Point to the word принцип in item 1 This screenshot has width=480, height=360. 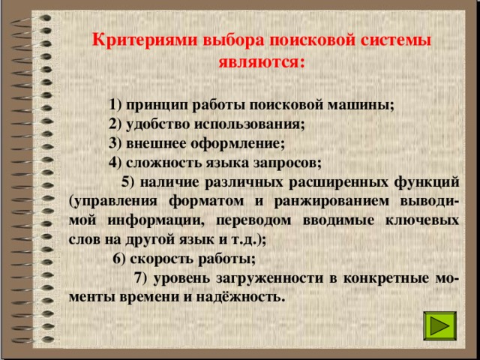pyautogui.click(x=154, y=104)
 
